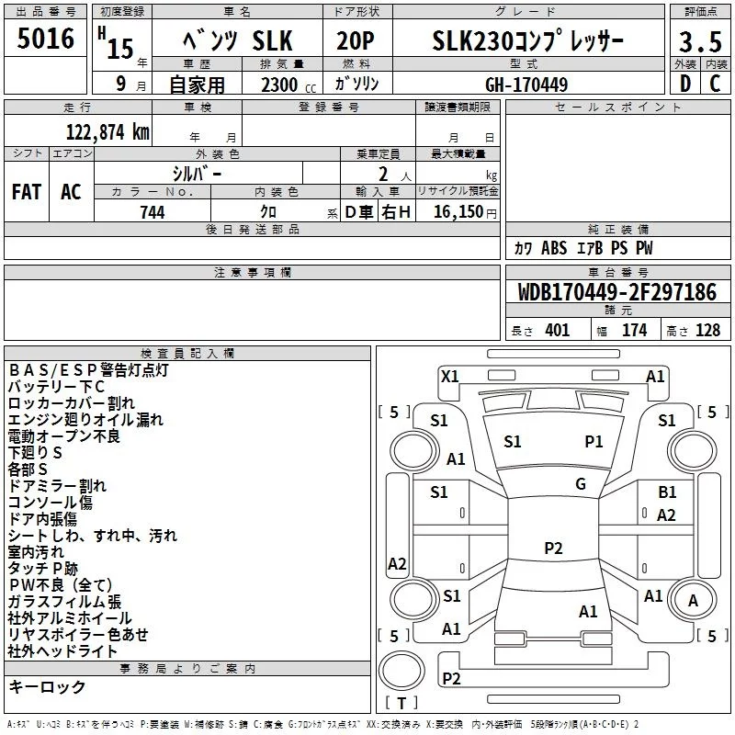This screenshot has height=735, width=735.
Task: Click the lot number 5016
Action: click(46, 40)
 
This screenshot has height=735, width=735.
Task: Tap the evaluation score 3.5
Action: click(700, 42)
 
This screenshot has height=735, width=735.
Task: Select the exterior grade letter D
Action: click(685, 85)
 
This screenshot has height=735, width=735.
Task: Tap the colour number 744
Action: click(153, 212)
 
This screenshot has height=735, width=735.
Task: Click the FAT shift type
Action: click(27, 192)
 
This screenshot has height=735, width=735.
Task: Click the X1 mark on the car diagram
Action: click(450, 376)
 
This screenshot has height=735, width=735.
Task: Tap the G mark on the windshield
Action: click(581, 484)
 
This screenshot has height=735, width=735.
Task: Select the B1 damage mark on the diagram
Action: click(667, 493)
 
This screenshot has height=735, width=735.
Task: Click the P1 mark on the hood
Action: click(594, 442)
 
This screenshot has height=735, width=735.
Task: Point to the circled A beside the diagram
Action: click(694, 600)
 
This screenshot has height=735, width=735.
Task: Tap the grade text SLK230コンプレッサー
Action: click(527, 41)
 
